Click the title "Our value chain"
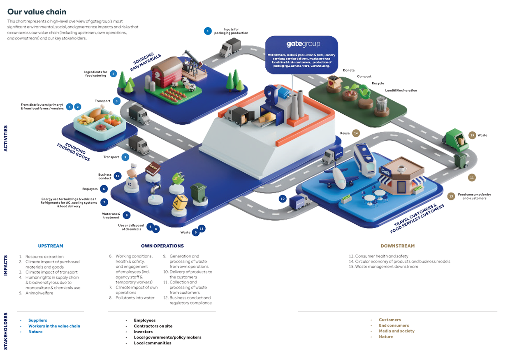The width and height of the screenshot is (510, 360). click(37, 12)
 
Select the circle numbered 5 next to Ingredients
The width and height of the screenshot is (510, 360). click(113, 74)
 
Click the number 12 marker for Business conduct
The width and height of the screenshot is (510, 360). click(118, 176)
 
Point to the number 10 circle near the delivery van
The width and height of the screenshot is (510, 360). click(282, 199)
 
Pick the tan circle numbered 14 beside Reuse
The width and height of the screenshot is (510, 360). click(356, 133)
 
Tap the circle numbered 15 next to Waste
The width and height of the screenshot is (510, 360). click(472, 135)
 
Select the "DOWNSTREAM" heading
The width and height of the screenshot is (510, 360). click(397, 246)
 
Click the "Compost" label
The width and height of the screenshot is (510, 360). click(364, 77)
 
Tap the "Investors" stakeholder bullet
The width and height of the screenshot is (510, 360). click(143, 332)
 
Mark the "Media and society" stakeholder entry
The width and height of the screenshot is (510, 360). click(396, 331)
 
